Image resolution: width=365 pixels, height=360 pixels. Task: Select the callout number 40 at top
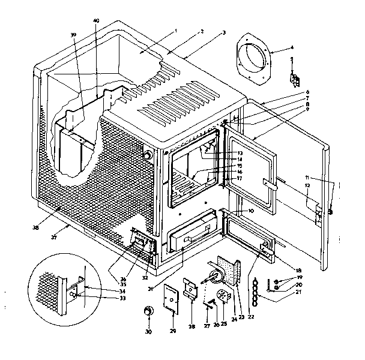(x=96, y=21)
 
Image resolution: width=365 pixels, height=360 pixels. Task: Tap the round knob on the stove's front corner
(x=147, y=155)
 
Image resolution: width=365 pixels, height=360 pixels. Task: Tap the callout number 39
(x=73, y=35)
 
